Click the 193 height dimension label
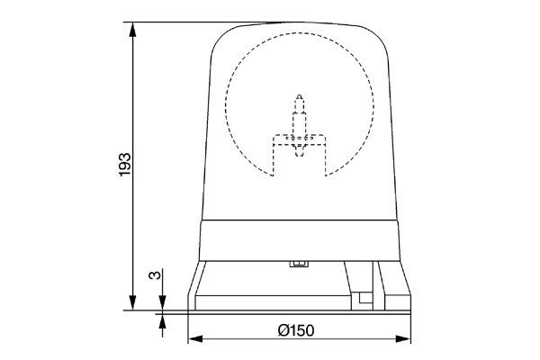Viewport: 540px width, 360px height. pyautogui.click(x=125, y=165)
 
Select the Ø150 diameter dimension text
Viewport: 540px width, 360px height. pyautogui.click(x=296, y=330)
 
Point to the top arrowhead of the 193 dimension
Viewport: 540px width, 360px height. pyautogui.click(x=132, y=30)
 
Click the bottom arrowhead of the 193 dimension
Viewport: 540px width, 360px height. pyautogui.click(x=132, y=302)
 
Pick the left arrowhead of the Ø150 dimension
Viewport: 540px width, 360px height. pyautogui.click(x=196, y=339)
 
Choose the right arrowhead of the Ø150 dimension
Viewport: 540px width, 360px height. pyautogui.click(x=403, y=339)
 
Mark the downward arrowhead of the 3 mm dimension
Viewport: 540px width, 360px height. pyautogui.click(x=163, y=302)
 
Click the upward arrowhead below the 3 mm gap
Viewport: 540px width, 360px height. pyautogui.click(x=163, y=321)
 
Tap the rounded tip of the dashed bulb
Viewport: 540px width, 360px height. pyautogui.click(x=300, y=96)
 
